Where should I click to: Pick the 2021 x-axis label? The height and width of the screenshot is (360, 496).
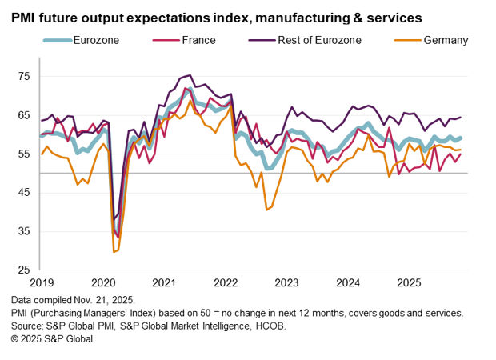pyautogui.click(x=165, y=282)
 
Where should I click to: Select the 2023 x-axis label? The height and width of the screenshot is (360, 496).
pyautogui.click(x=286, y=282)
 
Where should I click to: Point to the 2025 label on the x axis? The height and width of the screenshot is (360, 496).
pyautogui.click(x=409, y=282)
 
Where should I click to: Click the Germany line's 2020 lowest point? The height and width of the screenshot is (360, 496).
pyautogui.click(x=115, y=251)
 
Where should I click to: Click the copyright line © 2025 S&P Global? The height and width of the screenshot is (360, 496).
pyautogui.click(x=53, y=338)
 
